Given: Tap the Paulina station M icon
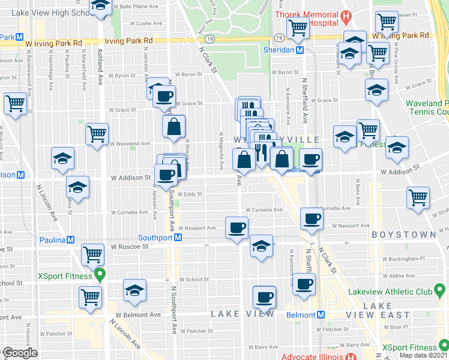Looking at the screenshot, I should [x=70, y=239].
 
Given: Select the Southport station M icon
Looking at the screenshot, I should [x=178, y=238].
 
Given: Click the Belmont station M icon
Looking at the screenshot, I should [x=321, y=314].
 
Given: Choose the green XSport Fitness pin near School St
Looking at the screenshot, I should [x=99, y=277].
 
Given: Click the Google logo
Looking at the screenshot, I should [x=20, y=353].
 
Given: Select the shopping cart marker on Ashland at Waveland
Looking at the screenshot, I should [x=97, y=134].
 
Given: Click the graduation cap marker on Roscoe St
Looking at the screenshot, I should [x=261, y=246].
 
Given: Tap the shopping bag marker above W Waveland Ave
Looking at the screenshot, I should [x=173, y=127].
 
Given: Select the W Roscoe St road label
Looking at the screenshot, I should [x=128, y=247].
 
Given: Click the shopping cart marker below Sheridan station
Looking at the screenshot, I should [x=298, y=27].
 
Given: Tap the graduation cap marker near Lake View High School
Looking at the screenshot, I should [x=101, y=6].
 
